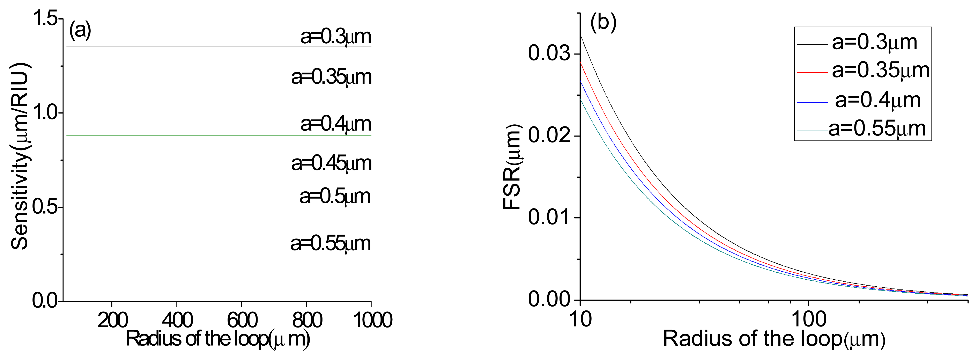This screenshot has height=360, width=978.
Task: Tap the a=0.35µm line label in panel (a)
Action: tap(331, 77)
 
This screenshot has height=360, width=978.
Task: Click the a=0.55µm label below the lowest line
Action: tap(330, 243)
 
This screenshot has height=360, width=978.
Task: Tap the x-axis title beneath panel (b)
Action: tap(774, 339)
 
